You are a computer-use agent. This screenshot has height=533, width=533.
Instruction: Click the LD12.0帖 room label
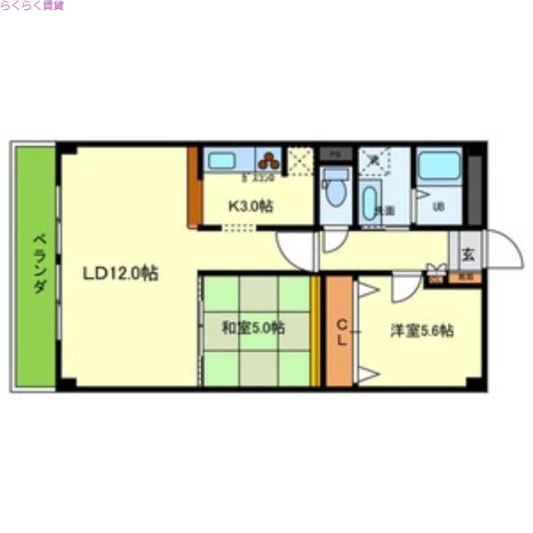pos(121,273)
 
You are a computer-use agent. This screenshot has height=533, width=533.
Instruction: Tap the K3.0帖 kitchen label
pos(251,206)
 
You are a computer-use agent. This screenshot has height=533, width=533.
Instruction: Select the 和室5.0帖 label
pos(253,328)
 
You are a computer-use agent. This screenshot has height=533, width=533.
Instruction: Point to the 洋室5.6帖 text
pos(422,330)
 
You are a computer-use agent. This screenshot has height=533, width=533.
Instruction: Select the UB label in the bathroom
pos(438,207)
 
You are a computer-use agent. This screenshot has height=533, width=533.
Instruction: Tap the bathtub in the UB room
pos(439,165)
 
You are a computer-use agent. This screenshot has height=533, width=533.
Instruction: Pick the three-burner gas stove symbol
pos(270,161)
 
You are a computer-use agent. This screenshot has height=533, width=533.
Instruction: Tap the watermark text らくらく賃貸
pos(32,7)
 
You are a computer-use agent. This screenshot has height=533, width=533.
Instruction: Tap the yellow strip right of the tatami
pos(316,330)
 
